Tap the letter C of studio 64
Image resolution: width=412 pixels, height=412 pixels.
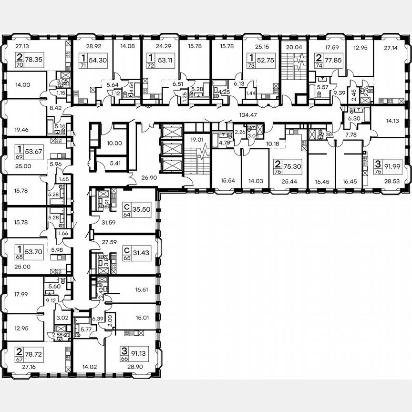[126, 207]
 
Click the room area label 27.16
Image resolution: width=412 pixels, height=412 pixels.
[22, 368]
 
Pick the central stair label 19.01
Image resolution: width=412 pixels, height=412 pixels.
[194, 140]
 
